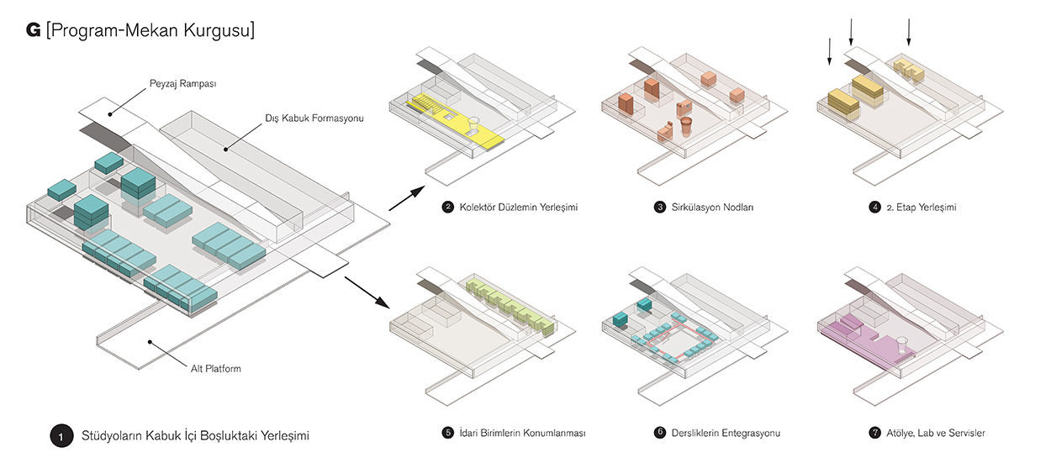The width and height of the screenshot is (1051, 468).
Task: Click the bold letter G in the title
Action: tap(34, 31)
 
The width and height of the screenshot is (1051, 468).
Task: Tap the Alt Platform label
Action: tap(215, 367)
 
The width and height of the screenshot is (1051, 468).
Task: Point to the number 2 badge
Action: tap(447, 207)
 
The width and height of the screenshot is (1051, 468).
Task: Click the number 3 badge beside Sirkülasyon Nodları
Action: tap(660, 207)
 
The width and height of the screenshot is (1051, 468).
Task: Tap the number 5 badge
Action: tap(447, 433)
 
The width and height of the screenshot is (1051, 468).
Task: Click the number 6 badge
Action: tap(660, 433)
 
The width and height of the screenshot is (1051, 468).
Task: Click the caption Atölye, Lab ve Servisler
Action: tap(935, 433)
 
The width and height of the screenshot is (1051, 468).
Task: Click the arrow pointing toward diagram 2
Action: tap(405, 199)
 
